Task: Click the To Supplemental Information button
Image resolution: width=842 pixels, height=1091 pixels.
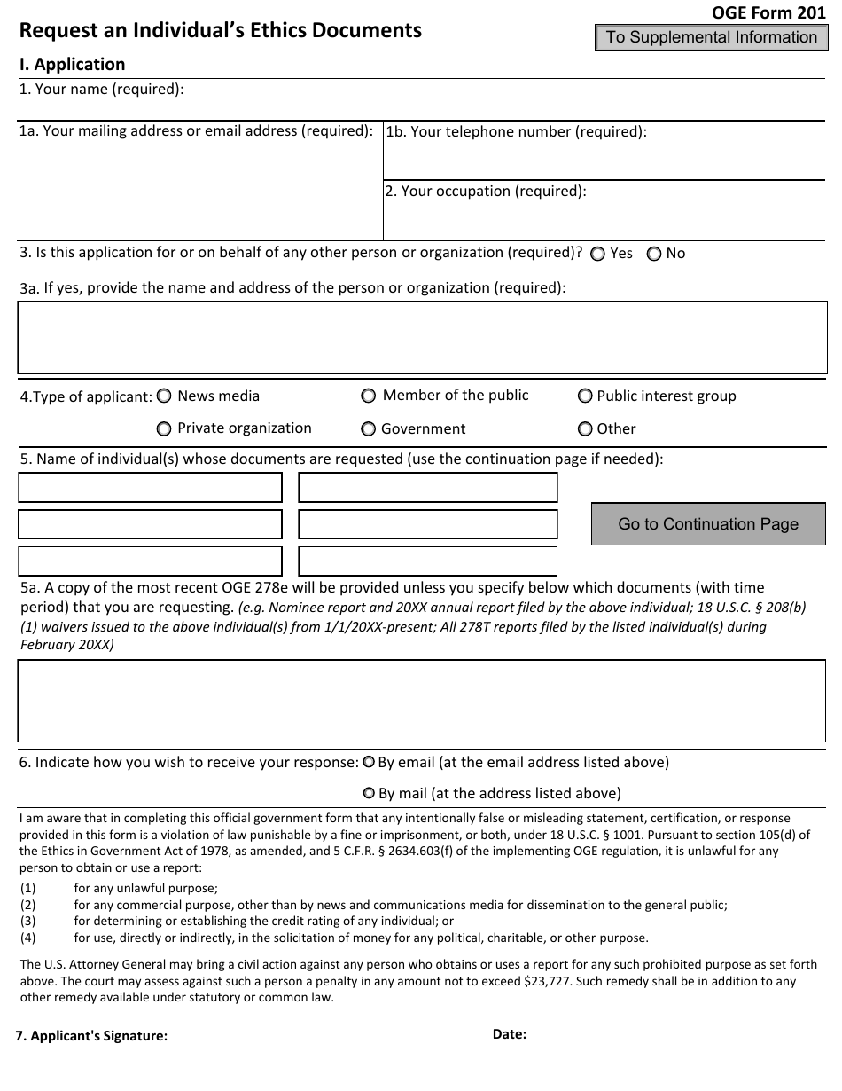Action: [711, 37]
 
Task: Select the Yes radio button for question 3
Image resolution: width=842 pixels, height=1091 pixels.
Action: [598, 254]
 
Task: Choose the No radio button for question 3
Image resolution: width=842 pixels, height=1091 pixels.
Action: [654, 254]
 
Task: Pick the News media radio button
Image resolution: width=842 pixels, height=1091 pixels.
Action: [164, 396]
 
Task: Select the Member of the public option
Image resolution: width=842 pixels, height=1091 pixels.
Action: [368, 396]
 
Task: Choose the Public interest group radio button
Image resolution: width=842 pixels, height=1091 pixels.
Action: [585, 396]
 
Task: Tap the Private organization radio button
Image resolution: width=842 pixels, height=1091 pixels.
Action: [164, 429]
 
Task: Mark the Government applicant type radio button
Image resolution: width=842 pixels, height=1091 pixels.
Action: [368, 429]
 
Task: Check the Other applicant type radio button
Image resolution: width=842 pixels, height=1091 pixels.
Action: [585, 429]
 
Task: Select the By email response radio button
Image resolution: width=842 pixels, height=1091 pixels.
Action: [369, 762]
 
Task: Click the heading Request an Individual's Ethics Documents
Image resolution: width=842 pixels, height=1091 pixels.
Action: [221, 31]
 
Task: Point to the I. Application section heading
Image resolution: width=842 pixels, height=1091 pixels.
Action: [73, 65]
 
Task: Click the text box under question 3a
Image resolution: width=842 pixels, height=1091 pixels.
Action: [422, 337]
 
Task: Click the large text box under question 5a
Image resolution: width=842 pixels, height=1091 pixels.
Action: [422, 701]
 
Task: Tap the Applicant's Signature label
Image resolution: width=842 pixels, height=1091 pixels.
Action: [91, 1035]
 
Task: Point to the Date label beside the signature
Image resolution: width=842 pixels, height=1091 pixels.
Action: [510, 1033]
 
